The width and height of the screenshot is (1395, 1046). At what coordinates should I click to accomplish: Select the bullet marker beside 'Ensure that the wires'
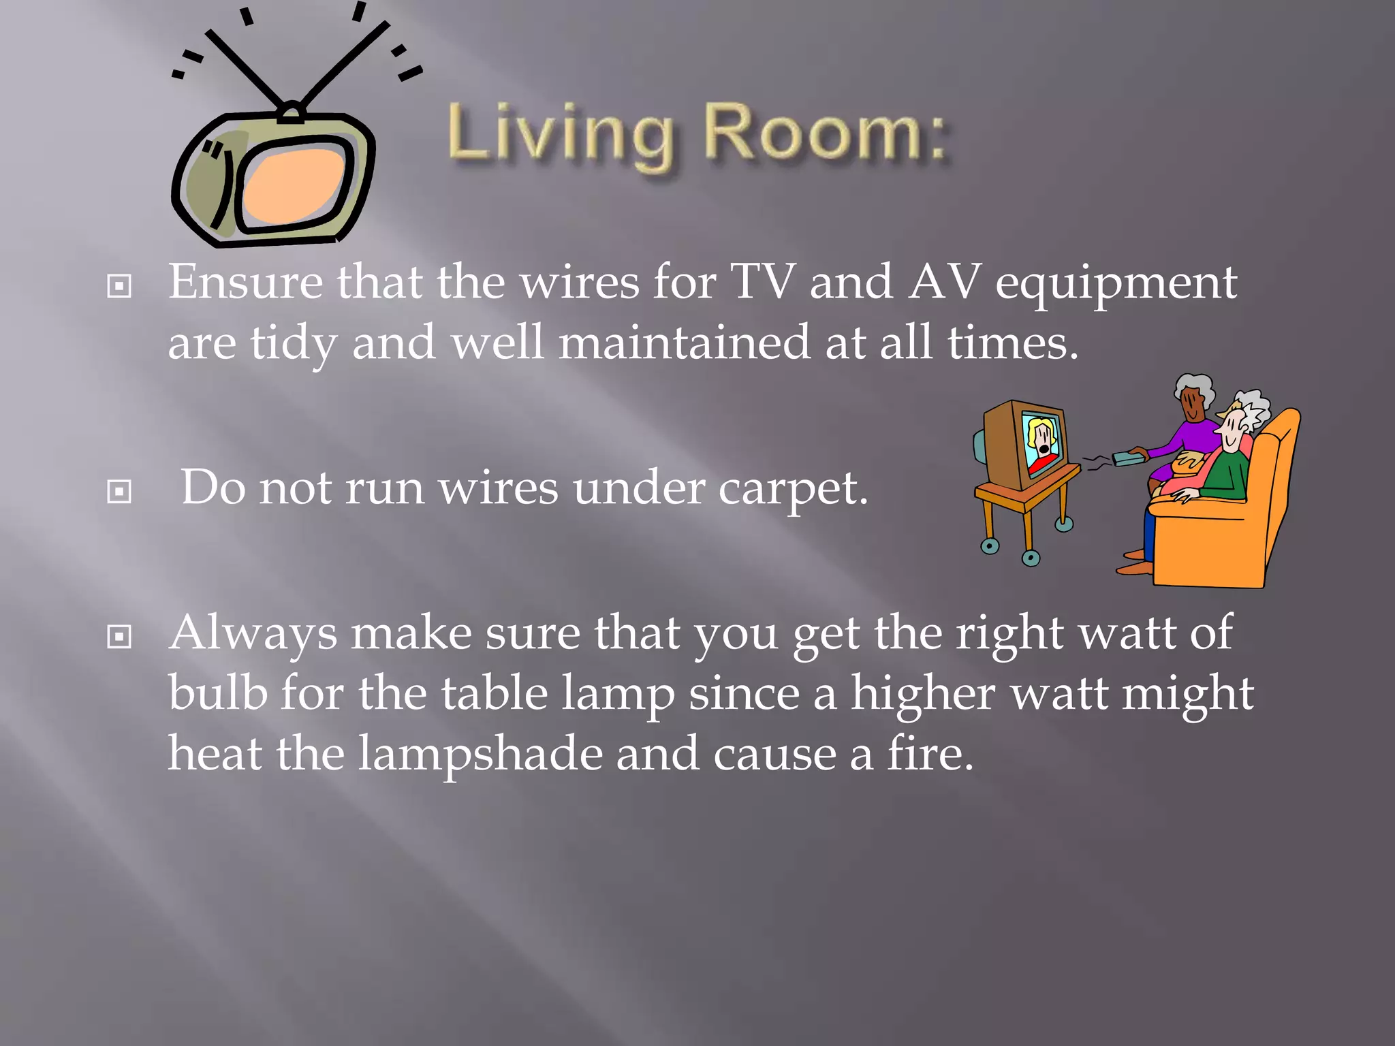tap(119, 286)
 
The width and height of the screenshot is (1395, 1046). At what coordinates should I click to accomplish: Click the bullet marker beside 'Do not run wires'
tap(119, 491)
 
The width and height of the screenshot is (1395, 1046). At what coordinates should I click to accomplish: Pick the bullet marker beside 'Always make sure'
tap(119, 637)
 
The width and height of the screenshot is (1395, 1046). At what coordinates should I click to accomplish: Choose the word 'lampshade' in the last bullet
tap(481, 754)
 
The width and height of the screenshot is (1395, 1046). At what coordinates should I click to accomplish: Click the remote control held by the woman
tap(1130, 456)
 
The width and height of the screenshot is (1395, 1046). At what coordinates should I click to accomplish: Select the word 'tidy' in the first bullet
tap(292, 344)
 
